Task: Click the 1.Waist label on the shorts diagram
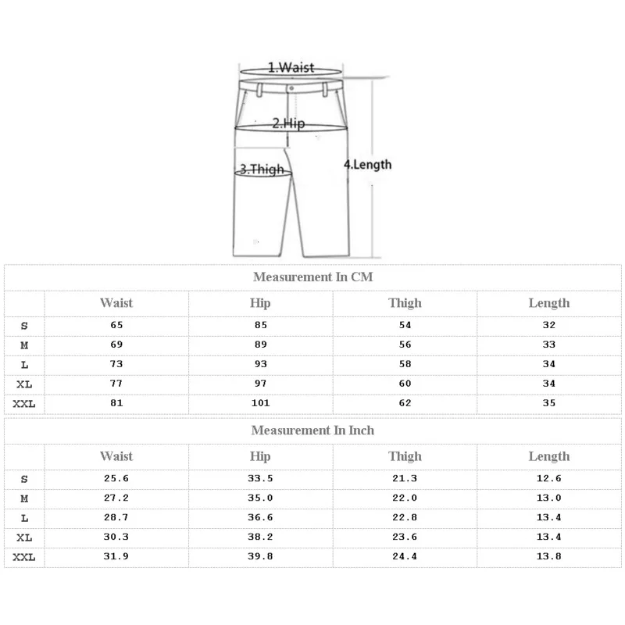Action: pos(291,67)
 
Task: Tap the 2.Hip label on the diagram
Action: pos(287,123)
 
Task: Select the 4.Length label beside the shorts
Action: pos(368,164)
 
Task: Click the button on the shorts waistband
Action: pos(291,88)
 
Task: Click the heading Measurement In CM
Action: pos(312,277)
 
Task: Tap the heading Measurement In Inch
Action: pos(312,430)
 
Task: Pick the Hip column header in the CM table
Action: pos(260,303)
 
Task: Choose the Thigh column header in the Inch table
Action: pos(405,456)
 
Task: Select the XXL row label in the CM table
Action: pos(24,403)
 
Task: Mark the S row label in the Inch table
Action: pos(24,479)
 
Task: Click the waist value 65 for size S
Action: pos(116,325)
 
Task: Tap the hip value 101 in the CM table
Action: pos(260,403)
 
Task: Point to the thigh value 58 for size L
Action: pos(405,364)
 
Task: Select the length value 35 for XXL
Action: pos(549,403)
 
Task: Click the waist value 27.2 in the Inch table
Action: pos(116,498)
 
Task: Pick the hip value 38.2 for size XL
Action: pos(260,537)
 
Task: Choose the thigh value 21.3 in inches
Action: pos(405,479)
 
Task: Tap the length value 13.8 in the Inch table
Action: pos(549,556)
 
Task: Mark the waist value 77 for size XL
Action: pos(116,384)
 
